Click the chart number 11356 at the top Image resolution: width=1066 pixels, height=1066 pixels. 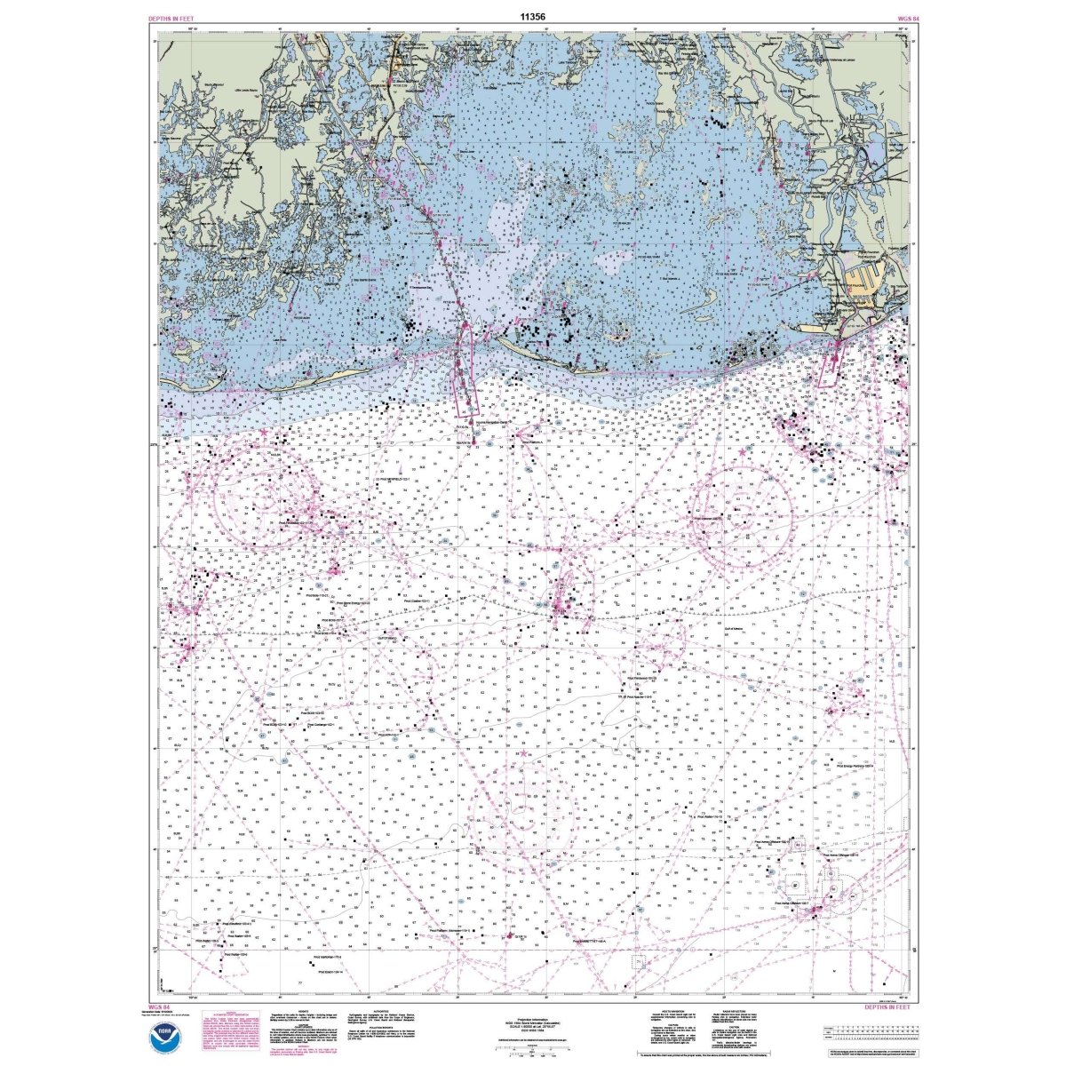(x=533, y=16)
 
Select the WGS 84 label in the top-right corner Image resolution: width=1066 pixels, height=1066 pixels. (x=895, y=17)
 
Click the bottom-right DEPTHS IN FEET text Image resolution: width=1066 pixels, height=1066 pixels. (x=886, y=1006)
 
